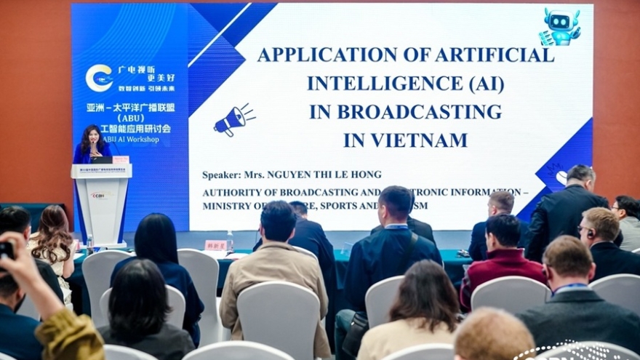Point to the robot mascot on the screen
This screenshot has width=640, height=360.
click(x=561, y=27)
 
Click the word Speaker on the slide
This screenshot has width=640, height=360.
click(x=221, y=175)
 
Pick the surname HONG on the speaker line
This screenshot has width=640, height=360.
click(x=366, y=175)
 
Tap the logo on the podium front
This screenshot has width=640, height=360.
click(x=101, y=195)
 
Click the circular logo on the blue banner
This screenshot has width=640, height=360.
click(x=99, y=78)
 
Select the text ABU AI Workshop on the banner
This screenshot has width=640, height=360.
click(x=130, y=139)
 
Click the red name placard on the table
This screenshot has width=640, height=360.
click(x=216, y=245)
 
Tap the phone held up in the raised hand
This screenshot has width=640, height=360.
click(x=7, y=249)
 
